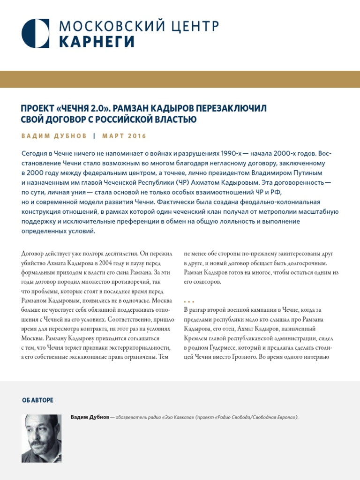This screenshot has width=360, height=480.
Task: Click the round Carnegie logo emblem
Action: (x=36, y=33)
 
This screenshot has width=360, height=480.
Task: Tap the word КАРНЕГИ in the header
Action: (x=97, y=42)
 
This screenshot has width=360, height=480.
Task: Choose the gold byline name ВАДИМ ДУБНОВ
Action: (x=54, y=136)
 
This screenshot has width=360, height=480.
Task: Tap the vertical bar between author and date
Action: (x=94, y=136)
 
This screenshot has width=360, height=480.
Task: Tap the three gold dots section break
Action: (x=189, y=301)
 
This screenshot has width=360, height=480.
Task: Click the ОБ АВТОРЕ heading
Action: (x=37, y=400)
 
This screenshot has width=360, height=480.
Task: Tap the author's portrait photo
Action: (x=41, y=438)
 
